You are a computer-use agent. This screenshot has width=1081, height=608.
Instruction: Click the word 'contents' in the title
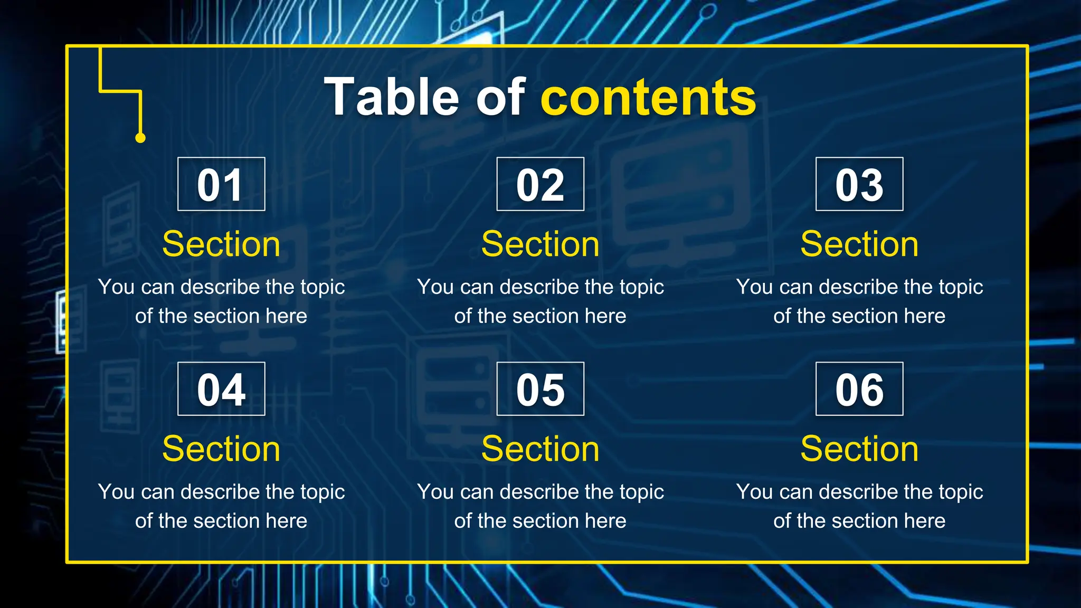[648, 97]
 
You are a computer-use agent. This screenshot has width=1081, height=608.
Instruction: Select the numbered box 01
[221, 184]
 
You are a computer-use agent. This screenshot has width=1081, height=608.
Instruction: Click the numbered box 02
[540, 184]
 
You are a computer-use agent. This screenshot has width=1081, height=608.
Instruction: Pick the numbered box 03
[859, 184]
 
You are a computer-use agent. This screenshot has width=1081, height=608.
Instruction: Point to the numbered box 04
[221, 389]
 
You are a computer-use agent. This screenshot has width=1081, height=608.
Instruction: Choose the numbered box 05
[540, 389]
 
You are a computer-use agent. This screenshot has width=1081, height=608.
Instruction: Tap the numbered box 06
[859, 389]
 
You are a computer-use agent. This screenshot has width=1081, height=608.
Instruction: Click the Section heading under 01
[221, 244]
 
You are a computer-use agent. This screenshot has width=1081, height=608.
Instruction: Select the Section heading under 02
[540, 244]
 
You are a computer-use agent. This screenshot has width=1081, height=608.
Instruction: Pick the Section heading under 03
[859, 244]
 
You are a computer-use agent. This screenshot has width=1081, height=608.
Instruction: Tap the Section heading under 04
[221, 449]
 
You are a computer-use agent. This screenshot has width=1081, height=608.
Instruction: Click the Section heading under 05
[540, 449]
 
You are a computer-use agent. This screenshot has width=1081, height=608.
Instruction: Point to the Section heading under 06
[859, 449]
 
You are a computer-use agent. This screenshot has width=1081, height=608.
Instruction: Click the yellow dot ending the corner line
[140, 138]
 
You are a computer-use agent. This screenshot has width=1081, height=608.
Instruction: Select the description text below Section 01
[221, 301]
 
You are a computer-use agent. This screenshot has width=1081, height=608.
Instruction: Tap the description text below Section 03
[859, 301]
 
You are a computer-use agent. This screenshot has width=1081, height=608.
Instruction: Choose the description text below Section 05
[540, 506]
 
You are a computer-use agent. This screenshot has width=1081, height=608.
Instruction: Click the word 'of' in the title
[500, 97]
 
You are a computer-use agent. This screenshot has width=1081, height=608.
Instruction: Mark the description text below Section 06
[859, 506]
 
